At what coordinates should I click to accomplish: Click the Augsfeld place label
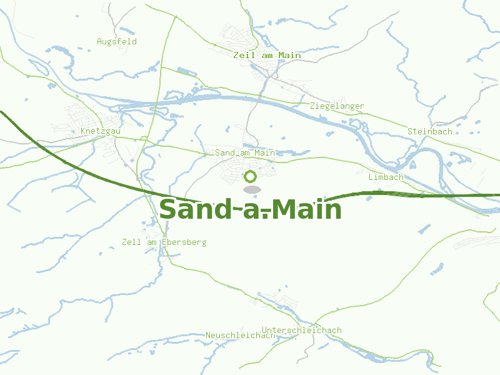coord(116,41)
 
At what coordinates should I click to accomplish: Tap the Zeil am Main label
coord(267,55)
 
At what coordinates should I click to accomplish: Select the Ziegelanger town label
coord(337,106)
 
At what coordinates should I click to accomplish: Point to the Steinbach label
coord(429,131)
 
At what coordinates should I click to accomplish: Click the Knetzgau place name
coord(101,131)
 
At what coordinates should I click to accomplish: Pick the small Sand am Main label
coord(245,152)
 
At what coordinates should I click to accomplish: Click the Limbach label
coord(386,177)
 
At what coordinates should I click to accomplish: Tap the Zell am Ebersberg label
coord(164,242)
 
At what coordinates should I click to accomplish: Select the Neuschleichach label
coord(240,336)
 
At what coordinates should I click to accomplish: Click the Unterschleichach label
coord(302,330)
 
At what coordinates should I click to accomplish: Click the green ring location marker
coord(251,177)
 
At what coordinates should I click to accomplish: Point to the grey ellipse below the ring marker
coord(251,189)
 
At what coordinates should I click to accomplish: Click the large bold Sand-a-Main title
coord(250,209)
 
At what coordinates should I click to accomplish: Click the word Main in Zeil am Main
coord(290,55)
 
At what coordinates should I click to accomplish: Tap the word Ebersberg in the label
coord(184,242)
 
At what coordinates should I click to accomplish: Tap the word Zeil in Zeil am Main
coord(243,55)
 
